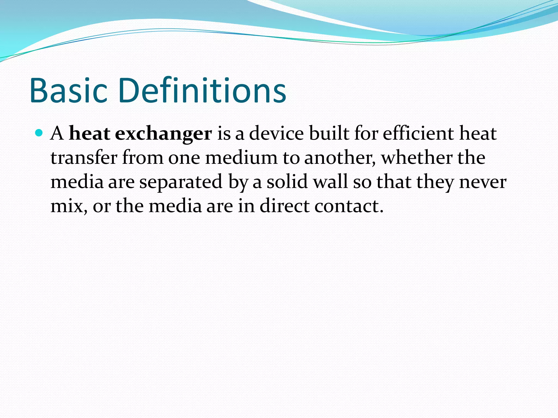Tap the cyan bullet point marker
(39, 133)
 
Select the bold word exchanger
(163, 134)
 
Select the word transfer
(84, 158)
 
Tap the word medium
(241, 158)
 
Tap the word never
(483, 182)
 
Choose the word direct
(284, 206)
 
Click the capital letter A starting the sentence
(57, 134)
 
